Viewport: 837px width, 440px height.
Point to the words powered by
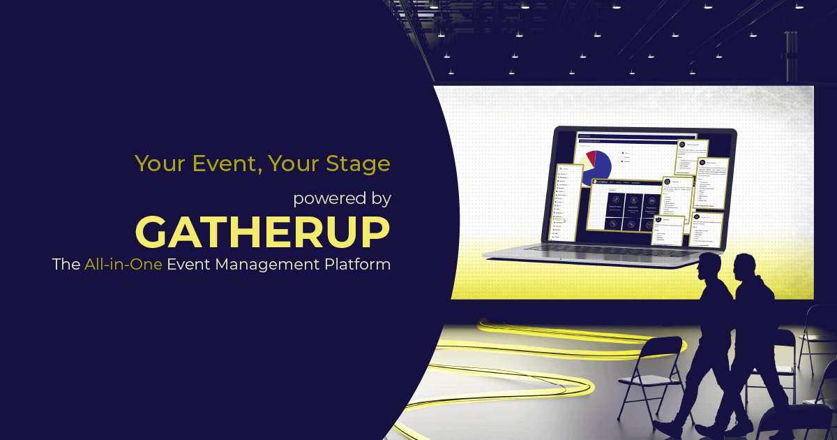point(341,198)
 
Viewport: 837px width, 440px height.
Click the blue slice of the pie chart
point(601,167)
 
